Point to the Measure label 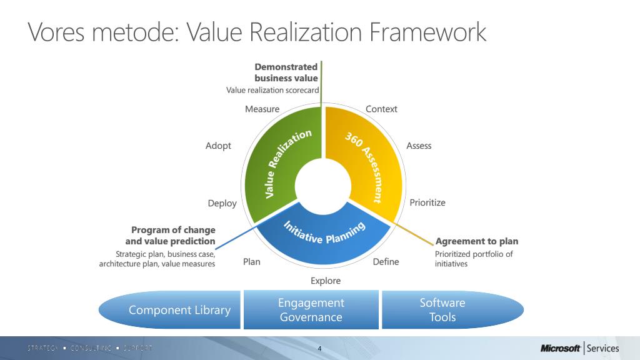[x=262, y=109]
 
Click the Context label [x=381, y=109]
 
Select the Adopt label [x=218, y=146]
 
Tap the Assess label [x=419, y=146]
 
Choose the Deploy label [x=222, y=203]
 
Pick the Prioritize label [x=427, y=202]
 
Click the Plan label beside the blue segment [x=251, y=262]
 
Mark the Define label [x=386, y=262]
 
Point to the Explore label [x=326, y=281]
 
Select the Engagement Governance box [x=311, y=310]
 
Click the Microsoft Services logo [x=579, y=348]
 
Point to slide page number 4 [x=319, y=348]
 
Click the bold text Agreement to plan [x=476, y=241]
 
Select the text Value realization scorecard [x=272, y=91]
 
